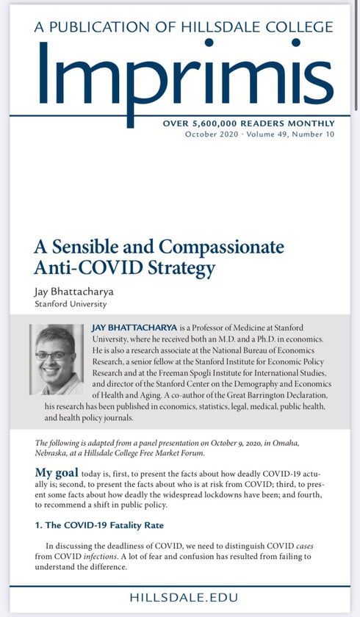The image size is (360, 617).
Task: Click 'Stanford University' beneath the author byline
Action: point(71,303)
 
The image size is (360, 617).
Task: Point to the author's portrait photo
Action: point(57,359)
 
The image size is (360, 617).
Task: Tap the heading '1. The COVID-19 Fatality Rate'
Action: point(99,525)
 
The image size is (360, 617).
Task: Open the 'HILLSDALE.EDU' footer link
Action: point(179,597)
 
